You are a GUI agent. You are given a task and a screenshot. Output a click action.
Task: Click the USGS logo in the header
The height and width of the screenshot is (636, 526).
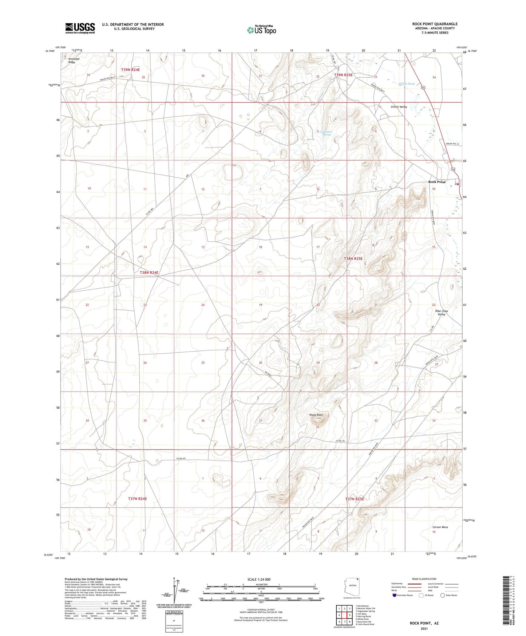coord(80,28)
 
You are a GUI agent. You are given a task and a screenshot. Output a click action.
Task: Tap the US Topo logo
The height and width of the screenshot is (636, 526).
coord(261,30)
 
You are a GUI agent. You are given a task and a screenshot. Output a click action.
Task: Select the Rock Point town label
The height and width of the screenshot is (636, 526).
coord(436,182)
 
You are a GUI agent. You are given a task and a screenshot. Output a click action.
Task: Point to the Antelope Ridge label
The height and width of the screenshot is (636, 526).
coord(74,60)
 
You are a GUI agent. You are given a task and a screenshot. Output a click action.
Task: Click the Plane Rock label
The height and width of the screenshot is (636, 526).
coord(316,415)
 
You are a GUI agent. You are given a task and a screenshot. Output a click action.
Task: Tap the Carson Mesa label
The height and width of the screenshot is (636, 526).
coord(440,527)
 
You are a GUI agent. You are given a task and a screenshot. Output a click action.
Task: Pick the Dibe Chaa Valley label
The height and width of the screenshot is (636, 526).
coord(441,313)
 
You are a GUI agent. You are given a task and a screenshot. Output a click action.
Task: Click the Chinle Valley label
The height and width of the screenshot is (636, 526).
coord(399,107)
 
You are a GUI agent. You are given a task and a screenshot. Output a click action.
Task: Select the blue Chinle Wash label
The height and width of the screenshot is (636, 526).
coord(407,84)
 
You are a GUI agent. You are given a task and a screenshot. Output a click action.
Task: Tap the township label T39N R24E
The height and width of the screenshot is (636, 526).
coord(130,69)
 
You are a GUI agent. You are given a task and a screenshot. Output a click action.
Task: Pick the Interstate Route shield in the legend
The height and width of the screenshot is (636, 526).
coord(395,595)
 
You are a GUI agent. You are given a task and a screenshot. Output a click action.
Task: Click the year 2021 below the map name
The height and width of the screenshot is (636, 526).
coord(424,628)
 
